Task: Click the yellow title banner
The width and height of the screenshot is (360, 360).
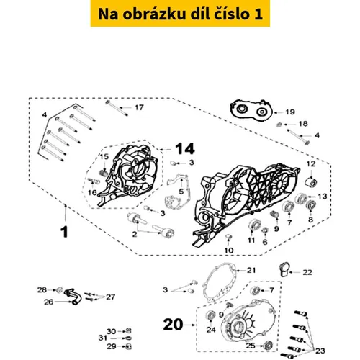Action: (180, 14)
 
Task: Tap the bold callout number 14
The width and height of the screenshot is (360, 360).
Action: (185, 149)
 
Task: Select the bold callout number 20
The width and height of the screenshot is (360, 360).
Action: (173, 325)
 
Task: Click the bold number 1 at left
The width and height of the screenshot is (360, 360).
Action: (64, 232)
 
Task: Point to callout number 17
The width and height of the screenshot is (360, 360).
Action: (139, 107)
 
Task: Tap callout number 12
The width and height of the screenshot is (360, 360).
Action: (311, 164)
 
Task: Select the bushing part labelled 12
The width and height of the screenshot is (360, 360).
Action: (311, 182)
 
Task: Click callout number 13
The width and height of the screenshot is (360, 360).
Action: (323, 197)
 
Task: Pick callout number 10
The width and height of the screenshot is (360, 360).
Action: (229, 251)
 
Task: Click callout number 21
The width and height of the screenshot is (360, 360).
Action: (251, 271)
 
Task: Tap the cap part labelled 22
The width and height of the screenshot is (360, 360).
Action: (284, 269)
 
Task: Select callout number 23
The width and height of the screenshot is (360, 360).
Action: (320, 351)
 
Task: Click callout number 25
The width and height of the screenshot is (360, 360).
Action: (251, 346)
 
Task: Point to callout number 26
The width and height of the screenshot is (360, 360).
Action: (48, 302)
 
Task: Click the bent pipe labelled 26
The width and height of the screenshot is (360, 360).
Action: (73, 297)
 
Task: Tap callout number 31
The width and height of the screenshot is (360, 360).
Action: (103, 338)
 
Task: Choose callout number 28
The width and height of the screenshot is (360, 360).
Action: (42, 289)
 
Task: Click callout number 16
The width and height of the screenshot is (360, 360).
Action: (92, 192)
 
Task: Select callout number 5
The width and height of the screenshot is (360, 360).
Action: (181, 192)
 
